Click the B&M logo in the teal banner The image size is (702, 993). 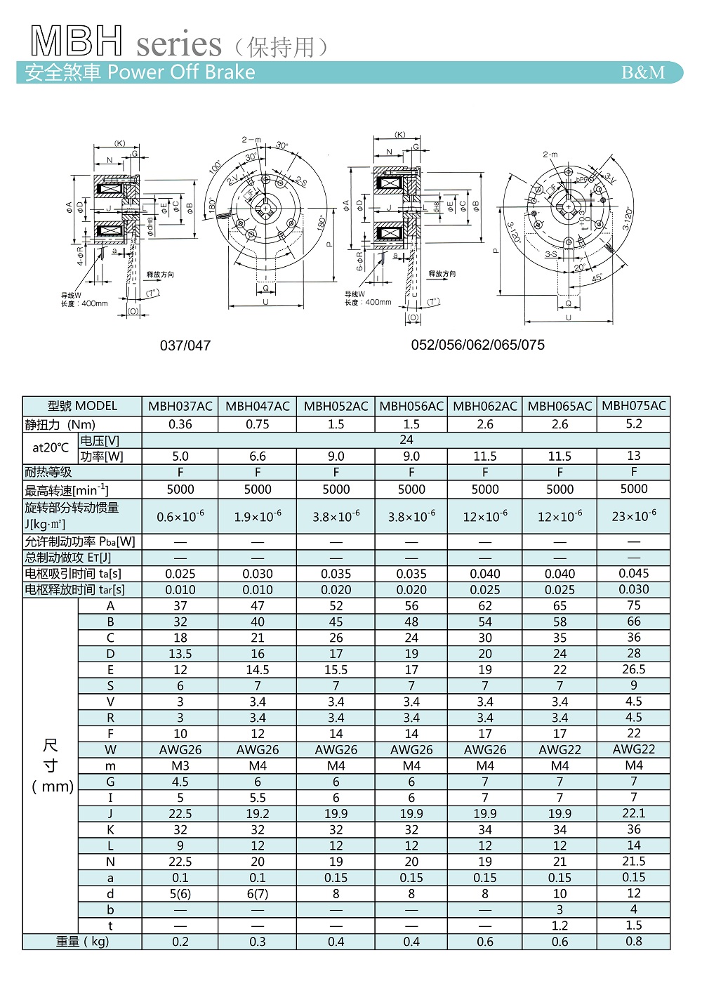pos(643,72)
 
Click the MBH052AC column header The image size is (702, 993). pos(336,406)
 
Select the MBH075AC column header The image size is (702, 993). pos(634,405)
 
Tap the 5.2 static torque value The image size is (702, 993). pos(634,423)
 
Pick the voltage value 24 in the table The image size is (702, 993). pos(406,440)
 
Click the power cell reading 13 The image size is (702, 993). pos(634,456)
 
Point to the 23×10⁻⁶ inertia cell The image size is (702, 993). pos(634,516)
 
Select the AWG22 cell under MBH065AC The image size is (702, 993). pos(559,750)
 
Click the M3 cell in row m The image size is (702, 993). pos(180,765)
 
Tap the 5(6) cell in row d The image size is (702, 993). pos(180,894)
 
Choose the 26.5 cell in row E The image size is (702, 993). pos(634,669)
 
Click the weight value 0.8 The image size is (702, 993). pos(634,941)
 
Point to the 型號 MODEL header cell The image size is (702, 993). pos(82,406)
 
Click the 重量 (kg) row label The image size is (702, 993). pos(82,942)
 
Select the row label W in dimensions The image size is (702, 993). pos(110,750)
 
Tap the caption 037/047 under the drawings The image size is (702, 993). pos(185,346)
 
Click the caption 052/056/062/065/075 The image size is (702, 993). pos(477,345)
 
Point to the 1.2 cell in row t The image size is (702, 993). pos(559,926)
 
